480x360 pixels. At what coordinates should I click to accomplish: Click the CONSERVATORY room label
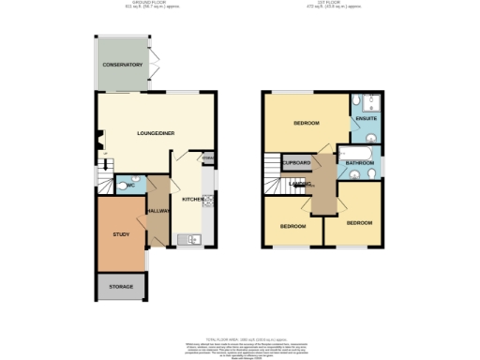(x=123, y=65)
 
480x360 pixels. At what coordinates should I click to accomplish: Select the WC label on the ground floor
(x=130, y=186)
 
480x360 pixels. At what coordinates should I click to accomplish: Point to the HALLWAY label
(x=157, y=211)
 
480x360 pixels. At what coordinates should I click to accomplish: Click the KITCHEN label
(x=192, y=200)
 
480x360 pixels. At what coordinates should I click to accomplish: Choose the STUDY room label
(x=120, y=234)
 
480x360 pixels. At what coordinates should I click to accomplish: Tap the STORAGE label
(x=122, y=286)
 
